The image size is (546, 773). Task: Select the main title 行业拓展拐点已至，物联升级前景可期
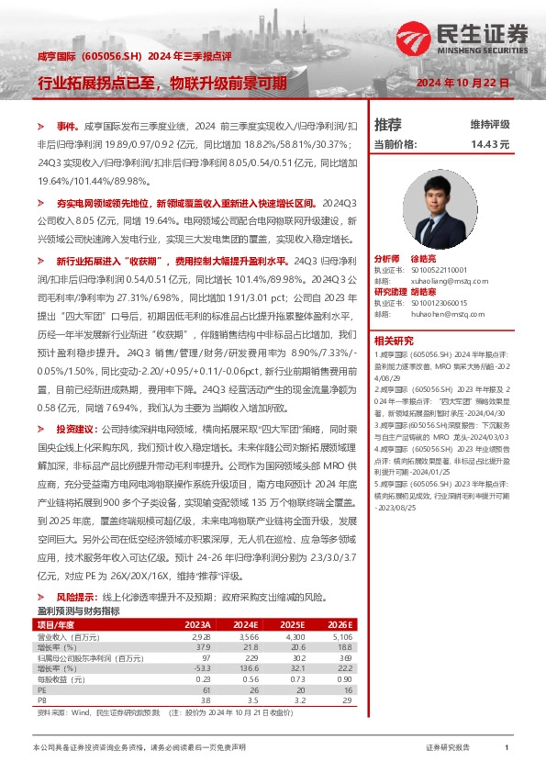point(162,83)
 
